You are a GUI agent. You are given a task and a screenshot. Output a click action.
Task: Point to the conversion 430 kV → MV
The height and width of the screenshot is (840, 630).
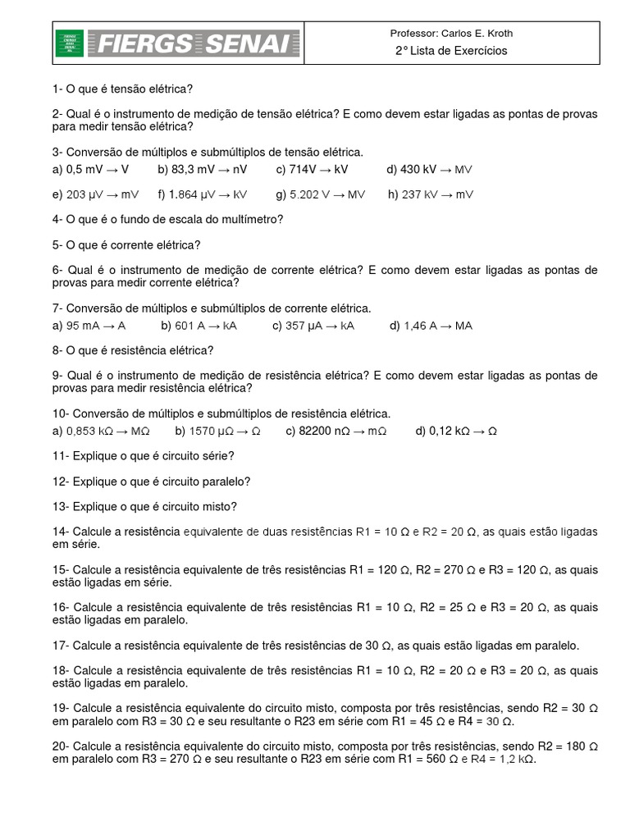(x=430, y=169)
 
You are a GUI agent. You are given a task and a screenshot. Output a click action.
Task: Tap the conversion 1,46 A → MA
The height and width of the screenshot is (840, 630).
(x=431, y=326)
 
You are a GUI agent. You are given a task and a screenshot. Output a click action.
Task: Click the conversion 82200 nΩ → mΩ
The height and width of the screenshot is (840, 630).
(x=336, y=431)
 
